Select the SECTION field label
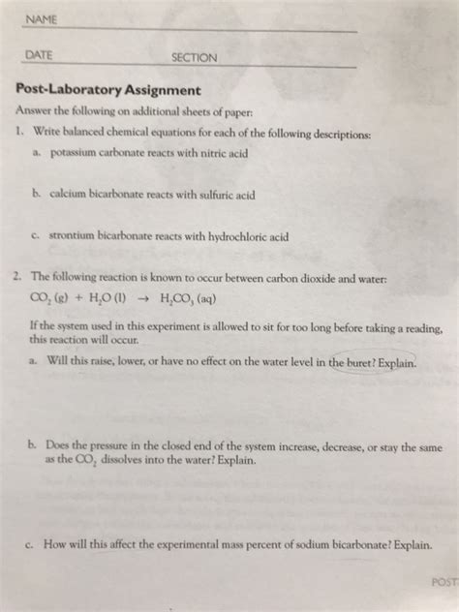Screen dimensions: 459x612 [x=194, y=58]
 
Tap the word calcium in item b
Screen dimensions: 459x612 [x=75, y=195]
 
